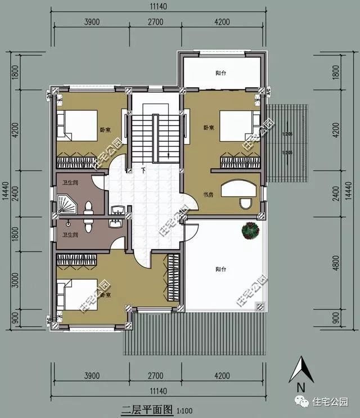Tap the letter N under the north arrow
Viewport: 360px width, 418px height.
[301, 387]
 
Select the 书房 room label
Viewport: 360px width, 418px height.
[208, 195]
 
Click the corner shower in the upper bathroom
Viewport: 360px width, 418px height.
[65, 200]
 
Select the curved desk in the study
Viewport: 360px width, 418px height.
[240, 188]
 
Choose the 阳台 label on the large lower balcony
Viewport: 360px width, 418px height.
[220, 269]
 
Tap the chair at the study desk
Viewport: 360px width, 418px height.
[245, 203]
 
